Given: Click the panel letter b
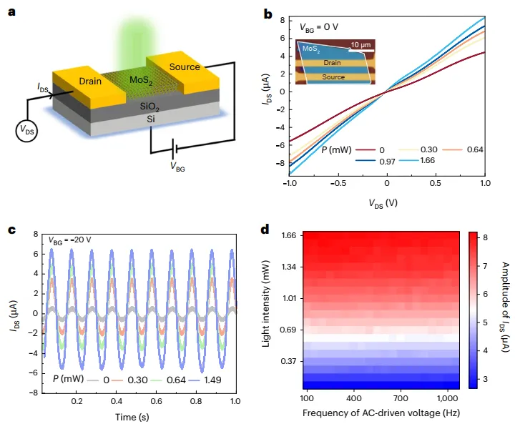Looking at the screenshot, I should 268,14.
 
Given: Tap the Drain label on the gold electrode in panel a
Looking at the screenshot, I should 91,81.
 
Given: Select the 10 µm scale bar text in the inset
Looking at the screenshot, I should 361,44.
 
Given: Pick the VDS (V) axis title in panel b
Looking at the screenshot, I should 386,202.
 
